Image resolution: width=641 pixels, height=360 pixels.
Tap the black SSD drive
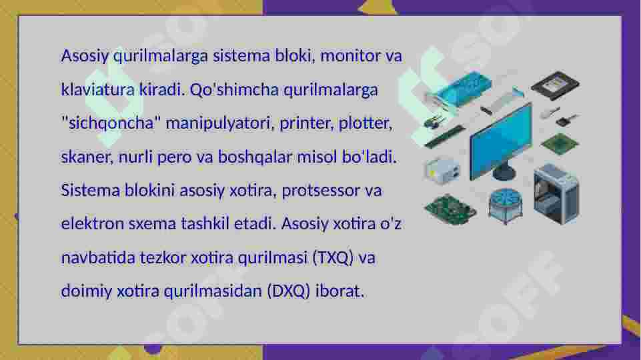(x=554, y=85)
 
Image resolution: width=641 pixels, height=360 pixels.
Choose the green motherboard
(x=450, y=208)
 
